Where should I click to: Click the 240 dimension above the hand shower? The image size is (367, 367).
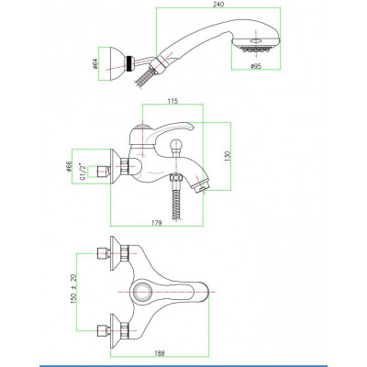(219, 5)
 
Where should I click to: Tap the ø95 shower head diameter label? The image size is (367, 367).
(256, 66)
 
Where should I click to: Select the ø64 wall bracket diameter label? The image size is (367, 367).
(95, 64)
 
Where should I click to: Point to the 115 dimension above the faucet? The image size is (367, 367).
(172, 101)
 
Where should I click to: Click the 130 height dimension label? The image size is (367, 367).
(227, 156)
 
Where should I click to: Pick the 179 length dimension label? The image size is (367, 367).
(156, 223)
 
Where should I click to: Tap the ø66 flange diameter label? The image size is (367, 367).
(69, 167)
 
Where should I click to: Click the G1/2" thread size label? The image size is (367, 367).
(83, 172)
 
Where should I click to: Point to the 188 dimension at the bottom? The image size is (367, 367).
(160, 353)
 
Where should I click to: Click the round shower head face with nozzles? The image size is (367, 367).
(256, 44)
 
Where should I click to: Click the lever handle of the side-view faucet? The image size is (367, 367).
(161, 132)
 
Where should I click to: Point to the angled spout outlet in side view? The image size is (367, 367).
(201, 184)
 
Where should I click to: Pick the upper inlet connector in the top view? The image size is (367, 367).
(103, 253)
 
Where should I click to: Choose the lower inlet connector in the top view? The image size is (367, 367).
(103, 331)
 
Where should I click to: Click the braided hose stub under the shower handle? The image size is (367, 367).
(143, 78)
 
